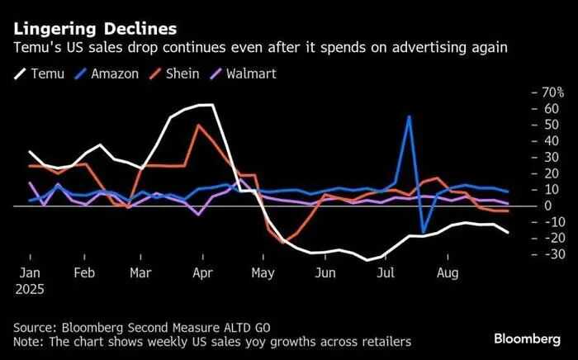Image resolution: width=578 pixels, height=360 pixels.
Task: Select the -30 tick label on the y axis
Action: click(546, 253)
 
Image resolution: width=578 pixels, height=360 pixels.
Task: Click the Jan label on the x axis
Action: click(30, 272)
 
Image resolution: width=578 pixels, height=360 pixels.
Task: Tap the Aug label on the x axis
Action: click(447, 272)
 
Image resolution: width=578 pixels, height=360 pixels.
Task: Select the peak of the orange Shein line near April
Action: click(198, 126)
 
